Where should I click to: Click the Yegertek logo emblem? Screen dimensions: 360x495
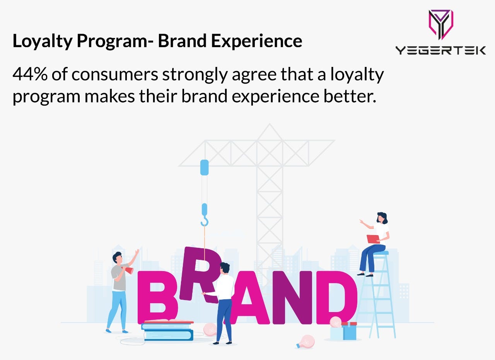coord(440,24)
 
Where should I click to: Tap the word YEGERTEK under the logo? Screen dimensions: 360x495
coord(440,50)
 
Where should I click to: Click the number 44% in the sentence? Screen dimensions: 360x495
coord(29,74)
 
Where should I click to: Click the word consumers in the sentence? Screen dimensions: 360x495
coord(115,74)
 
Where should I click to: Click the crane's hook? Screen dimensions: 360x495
coord(204,221)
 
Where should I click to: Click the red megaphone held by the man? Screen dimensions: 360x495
coord(128,270)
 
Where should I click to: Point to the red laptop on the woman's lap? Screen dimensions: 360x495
coord(373,239)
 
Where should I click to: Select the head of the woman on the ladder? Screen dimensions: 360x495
coord(382,218)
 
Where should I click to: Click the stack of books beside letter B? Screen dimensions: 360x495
coord(168,330)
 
